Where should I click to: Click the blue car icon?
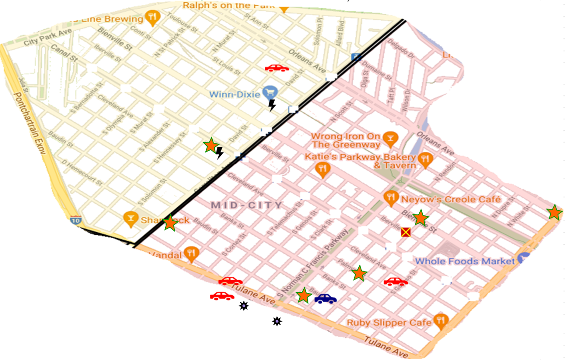(326, 298)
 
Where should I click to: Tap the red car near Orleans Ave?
(276, 68)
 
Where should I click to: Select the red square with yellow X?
(405, 232)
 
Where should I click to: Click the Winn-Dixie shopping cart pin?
(272, 92)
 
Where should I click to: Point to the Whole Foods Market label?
(465, 261)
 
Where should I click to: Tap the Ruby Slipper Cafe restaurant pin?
(440, 320)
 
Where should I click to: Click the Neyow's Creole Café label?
(451, 199)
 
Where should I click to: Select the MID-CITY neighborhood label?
(247, 205)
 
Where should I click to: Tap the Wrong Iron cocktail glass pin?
(390, 138)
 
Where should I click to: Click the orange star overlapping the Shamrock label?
(170, 223)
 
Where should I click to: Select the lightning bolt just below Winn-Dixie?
(272, 105)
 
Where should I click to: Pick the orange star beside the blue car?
(304, 296)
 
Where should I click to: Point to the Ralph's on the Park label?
(229, 6)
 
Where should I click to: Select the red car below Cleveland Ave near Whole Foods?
(395, 282)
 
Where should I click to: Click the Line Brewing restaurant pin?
(152, 17)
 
